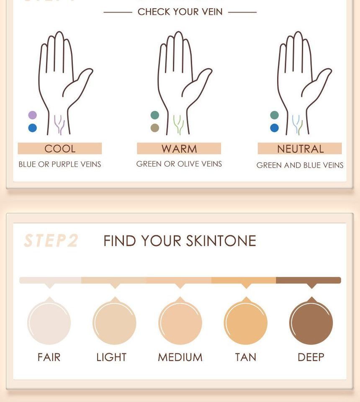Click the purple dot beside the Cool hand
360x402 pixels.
tap(32, 115)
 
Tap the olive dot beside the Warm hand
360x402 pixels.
tap(154, 128)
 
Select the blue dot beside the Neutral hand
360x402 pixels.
tap(274, 128)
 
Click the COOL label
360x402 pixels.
tap(60, 149)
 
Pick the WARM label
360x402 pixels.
tap(179, 149)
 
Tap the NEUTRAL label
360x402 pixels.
tap(300, 149)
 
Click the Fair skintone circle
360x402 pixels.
tap(49, 323)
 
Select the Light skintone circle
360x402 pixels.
tap(114, 323)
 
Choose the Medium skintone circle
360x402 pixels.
tap(180, 323)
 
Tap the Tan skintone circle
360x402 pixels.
tap(246, 323)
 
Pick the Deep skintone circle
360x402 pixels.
tap(311, 323)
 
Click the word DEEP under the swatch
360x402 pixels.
tap(311, 357)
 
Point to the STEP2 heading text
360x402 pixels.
tap(51, 241)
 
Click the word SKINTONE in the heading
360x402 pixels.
tap(221, 241)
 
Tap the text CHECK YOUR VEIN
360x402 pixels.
tap(180, 12)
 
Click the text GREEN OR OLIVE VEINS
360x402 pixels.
tap(179, 164)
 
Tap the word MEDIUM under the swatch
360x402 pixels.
tap(180, 357)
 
